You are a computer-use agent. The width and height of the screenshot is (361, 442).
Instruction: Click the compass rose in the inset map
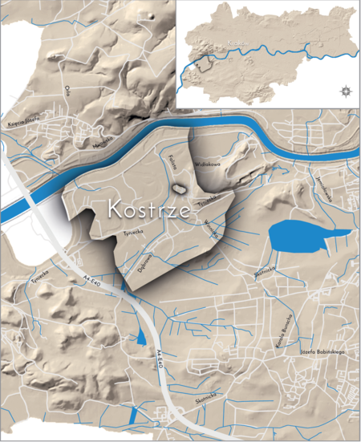tap(345, 90)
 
